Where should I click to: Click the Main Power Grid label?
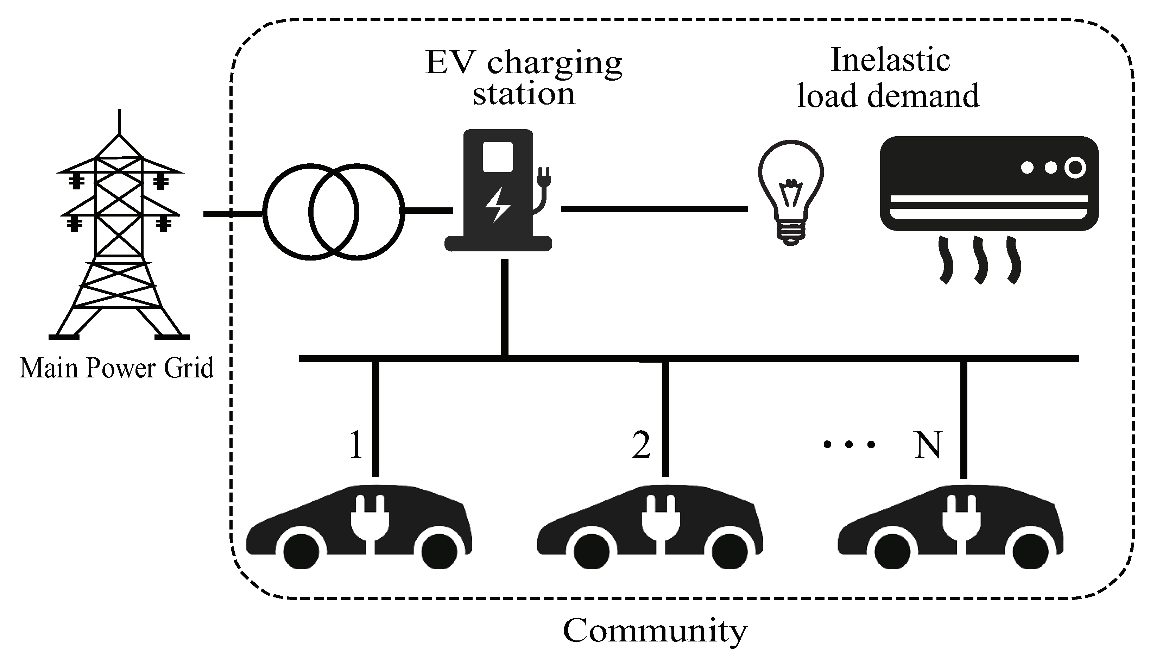coord(116,368)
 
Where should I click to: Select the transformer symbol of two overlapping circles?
coord(333,212)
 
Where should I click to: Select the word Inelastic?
coord(890,60)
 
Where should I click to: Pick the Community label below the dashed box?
coord(655,631)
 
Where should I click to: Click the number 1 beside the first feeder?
coord(356,445)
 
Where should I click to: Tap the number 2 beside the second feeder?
coord(642,445)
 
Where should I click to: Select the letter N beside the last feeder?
coord(928,445)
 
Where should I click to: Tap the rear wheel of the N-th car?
coord(1030,551)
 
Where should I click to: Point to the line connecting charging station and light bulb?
coord(654,209)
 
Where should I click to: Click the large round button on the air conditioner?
coord(1075,168)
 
